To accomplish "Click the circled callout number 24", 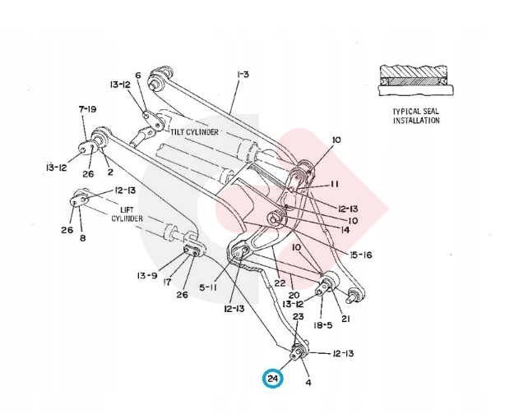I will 272,379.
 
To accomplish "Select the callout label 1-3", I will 242,75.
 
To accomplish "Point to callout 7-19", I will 87,108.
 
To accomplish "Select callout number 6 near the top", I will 138,75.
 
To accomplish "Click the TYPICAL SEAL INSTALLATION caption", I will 415,115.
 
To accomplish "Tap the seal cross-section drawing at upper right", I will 415,80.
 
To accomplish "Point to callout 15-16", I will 359,255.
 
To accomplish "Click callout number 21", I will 345,319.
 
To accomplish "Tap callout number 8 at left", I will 82,239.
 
